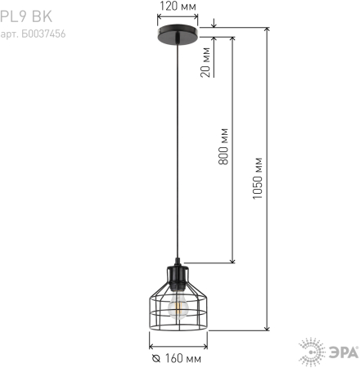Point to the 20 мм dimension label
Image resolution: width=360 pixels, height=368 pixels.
(205, 63)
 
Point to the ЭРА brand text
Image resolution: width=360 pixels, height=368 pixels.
(340, 352)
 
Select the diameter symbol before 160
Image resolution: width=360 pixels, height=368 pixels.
(155, 359)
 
